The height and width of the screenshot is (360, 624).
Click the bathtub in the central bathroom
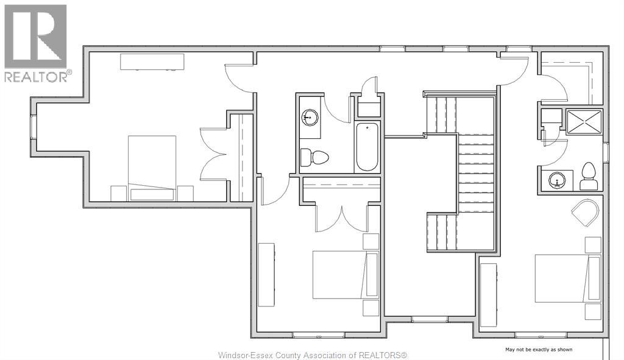367,146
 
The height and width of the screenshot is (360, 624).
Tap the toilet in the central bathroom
315,157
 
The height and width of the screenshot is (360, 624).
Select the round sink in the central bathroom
310,116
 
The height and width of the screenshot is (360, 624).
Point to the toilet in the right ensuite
589,177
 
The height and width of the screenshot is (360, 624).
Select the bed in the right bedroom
562,278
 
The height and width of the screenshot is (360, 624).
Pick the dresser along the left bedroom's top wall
152,62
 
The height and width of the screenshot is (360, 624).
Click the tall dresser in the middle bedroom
266,274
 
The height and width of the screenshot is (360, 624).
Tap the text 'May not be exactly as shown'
539,350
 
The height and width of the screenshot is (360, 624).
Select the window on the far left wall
34,127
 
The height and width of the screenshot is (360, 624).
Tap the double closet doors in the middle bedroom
341,218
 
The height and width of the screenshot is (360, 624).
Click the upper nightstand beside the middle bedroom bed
370,241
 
